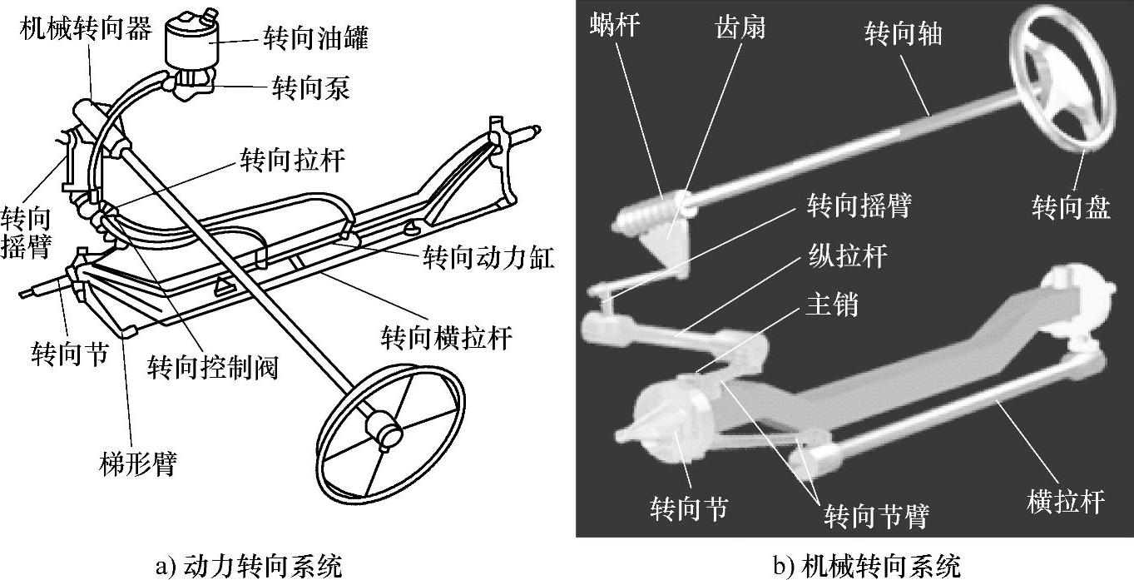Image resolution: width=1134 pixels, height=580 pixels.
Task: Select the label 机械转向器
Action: click(x=87, y=29)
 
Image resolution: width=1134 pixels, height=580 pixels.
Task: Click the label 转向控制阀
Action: click(x=212, y=365)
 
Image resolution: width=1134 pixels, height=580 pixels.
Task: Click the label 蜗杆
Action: click(x=615, y=25)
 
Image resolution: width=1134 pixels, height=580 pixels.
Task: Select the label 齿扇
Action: click(x=740, y=27)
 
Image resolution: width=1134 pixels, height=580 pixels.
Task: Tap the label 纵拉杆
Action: click(x=848, y=255)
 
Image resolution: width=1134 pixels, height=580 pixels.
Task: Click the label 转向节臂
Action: click(x=876, y=515)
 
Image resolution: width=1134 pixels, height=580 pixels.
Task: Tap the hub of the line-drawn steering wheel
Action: click(x=385, y=430)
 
